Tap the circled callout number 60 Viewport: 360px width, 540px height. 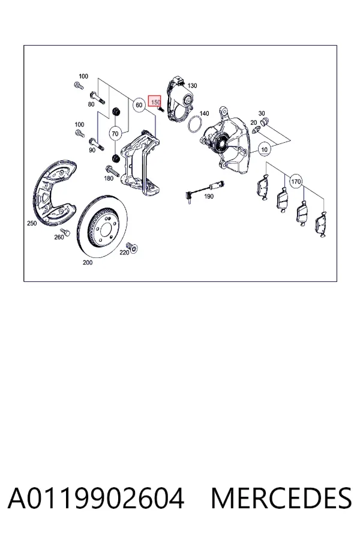click(139, 104)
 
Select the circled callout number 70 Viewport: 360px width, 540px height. click(115, 133)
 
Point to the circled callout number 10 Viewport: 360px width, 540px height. click(264, 149)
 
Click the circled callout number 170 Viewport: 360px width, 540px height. click(296, 181)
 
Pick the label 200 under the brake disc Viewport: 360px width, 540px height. click(88, 262)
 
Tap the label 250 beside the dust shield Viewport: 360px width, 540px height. click(32, 223)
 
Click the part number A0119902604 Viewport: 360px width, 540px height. click(96, 499)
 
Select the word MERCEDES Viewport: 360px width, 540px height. click(281, 499)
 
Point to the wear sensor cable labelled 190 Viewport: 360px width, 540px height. click(204, 190)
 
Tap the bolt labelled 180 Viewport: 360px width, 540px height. click(112, 171)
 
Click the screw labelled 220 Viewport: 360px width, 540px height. click(132, 247)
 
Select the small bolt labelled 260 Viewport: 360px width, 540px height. click(65, 232)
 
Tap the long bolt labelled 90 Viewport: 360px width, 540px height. click(97, 143)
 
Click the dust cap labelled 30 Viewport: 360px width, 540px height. click(265, 122)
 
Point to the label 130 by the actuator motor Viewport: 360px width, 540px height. click(192, 86)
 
